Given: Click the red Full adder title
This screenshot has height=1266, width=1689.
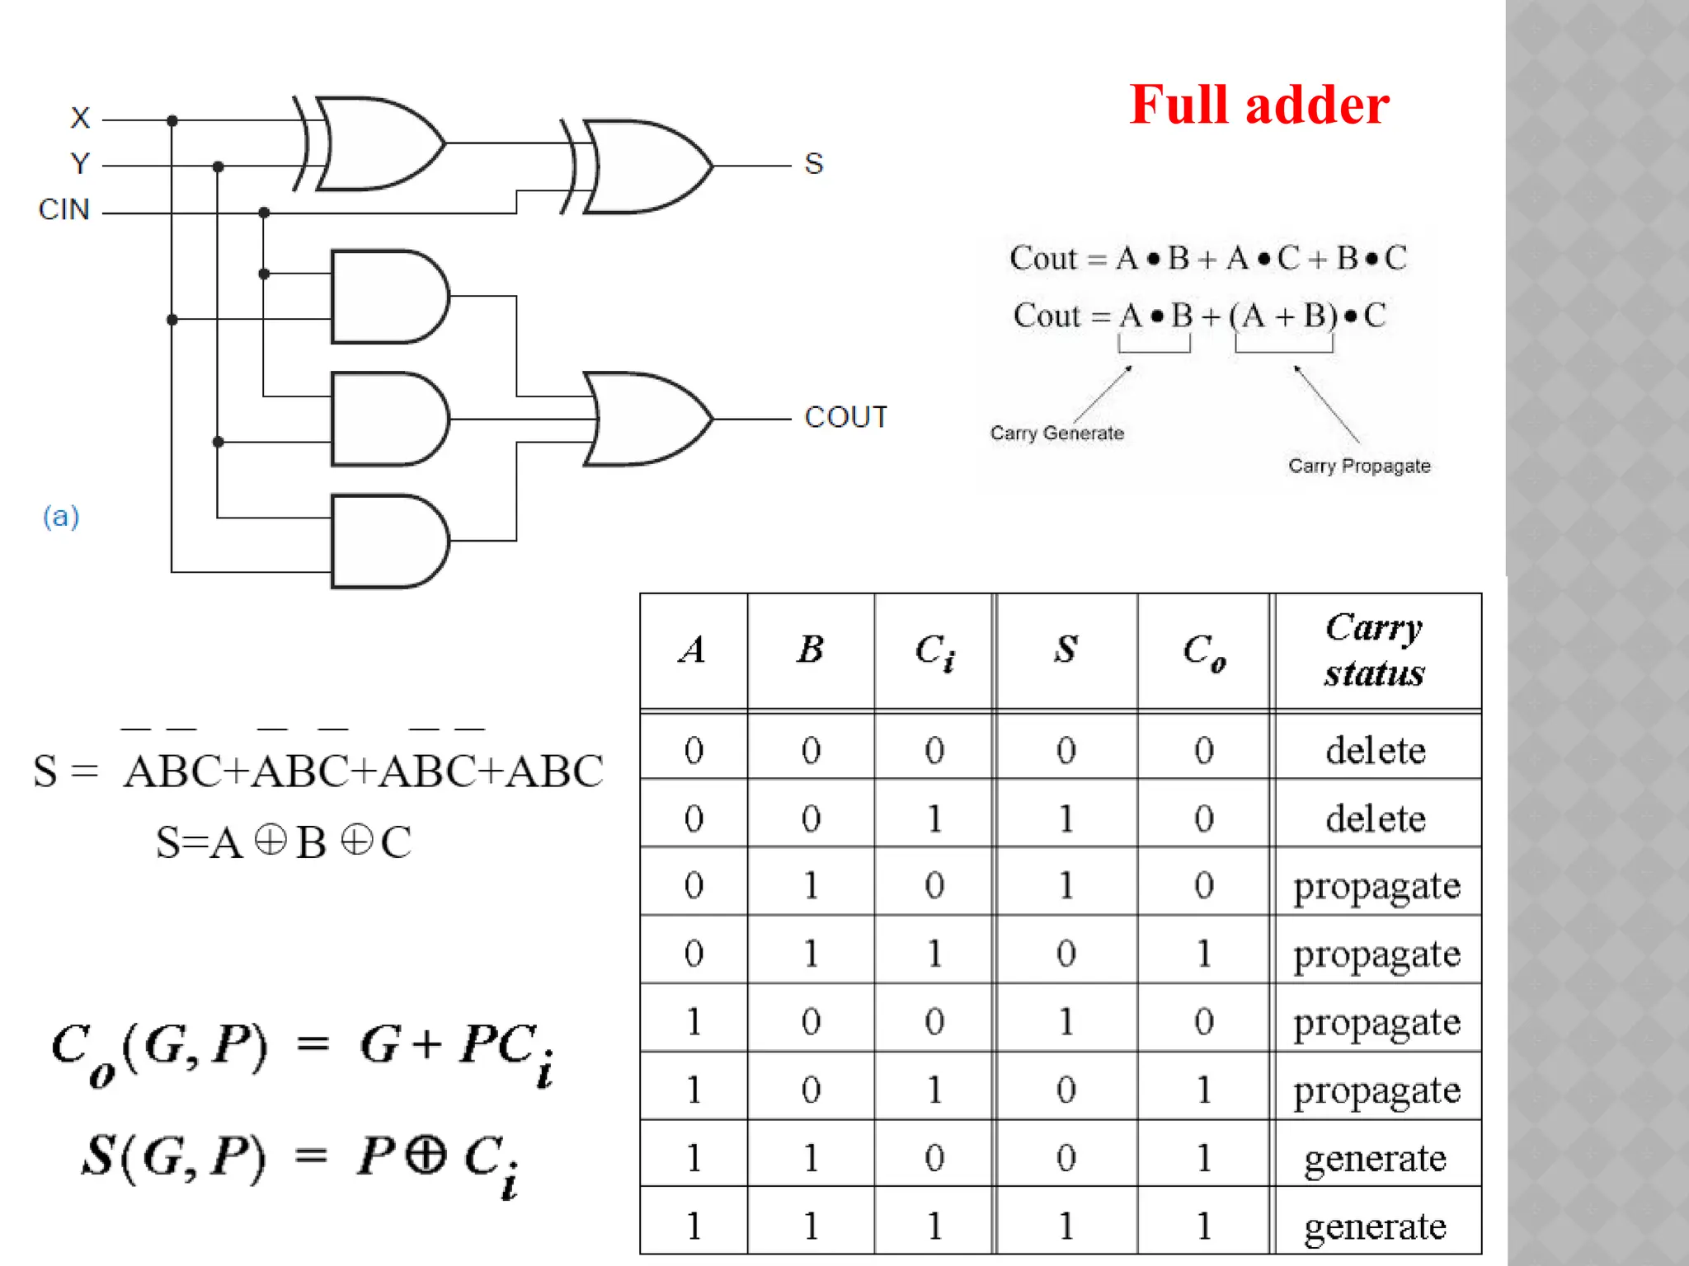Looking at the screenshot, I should coord(1259,105).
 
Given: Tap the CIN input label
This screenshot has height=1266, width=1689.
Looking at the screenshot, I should coord(64,209).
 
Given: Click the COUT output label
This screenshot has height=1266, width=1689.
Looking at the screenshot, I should coord(845,417).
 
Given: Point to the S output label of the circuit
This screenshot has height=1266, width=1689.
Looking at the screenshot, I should coord(813,164).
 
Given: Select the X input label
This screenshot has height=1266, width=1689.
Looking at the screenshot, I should coord(80,118).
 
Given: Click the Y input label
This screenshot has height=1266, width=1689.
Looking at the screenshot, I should coord(80,163).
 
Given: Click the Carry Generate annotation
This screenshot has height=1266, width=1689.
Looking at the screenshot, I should coord(1056,433).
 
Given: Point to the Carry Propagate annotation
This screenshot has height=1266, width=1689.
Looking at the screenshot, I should coord(1359,466).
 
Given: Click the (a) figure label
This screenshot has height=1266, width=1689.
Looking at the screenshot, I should coord(61,517).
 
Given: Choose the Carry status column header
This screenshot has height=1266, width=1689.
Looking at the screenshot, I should coord(1375,650).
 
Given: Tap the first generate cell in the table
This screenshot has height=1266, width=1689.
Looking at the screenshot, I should coord(1375,1158).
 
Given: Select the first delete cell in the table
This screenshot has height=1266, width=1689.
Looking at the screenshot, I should coord(1375,750).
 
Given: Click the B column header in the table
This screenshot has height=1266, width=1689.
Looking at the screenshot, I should coord(811,649).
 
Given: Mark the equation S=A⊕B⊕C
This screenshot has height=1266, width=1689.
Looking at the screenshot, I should coord(284,842).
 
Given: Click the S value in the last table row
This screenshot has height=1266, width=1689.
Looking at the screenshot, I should coord(1066,1226).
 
